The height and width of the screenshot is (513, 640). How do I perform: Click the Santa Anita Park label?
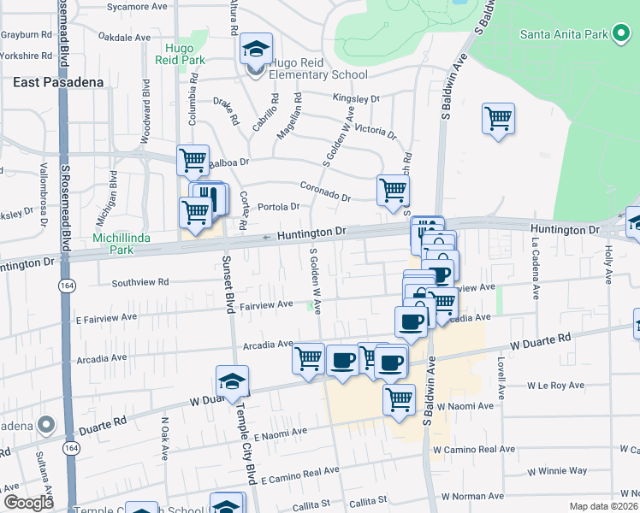tap(564, 34)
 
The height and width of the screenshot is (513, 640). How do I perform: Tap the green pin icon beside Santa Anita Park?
tap(621, 34)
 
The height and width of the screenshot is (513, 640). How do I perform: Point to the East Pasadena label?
tap(58, 82)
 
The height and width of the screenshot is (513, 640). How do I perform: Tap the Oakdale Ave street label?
tap(125, 38)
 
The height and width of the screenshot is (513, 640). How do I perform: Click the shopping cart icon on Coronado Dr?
tap(393, 190)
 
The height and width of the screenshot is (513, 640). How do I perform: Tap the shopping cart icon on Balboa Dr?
tap(193, 160)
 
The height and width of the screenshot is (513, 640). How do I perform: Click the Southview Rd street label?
tap(140, 281)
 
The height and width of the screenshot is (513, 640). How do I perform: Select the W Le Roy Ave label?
tap(555, 386)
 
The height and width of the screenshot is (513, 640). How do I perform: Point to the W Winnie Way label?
tap(557, 470)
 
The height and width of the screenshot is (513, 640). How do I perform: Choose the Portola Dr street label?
tap(279, 206)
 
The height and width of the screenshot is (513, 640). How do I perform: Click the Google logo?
tap(29, 503)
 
